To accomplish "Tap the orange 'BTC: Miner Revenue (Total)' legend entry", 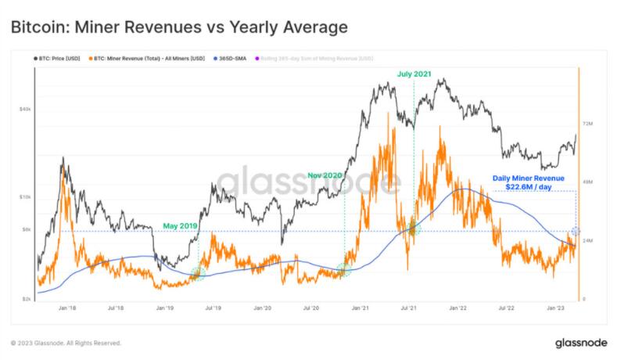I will point(148,59).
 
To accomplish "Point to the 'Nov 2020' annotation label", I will point(325,175).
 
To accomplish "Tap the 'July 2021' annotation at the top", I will point(414,74).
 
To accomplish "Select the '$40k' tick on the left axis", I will point(26,109).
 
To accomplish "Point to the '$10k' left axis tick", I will point(26,197).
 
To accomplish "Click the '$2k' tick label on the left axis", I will point(27,299).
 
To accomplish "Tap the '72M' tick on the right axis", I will point(587,124).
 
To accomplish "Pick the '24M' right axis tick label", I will point(587,240).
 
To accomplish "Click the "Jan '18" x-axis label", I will point(67,309).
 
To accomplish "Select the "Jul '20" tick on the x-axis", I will point(311,309).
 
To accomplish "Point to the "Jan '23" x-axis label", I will point(555,309).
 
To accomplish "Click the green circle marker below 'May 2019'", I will point(197,273).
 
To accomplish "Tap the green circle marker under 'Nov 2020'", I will point(344,270).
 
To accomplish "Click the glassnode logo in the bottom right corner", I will point(579,343).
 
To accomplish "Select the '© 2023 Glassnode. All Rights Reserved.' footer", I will point(66,343).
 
